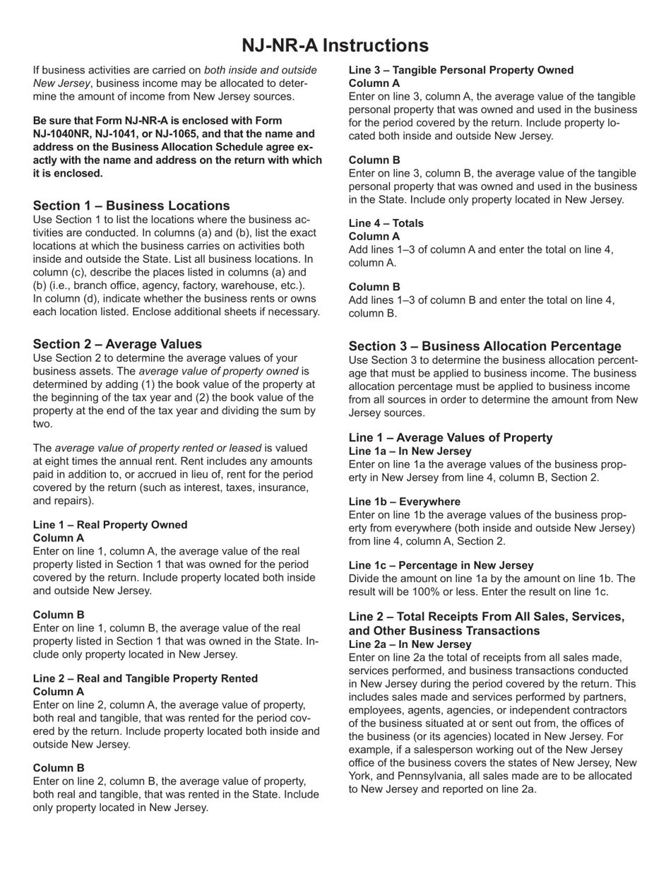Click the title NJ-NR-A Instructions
click(335, 45)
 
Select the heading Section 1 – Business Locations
click(131, 206)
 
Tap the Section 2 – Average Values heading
click(117, 344)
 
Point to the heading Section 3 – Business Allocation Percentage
click(485, 346)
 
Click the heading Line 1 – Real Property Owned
click(110, 525)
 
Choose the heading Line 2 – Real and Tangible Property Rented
click(146, 679)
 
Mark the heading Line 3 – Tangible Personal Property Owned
click(461, 71)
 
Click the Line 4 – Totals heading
click(386, 223)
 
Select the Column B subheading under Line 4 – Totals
click(374, 287)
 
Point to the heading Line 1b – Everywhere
click(405, 502)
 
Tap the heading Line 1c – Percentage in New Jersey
click(441, 565)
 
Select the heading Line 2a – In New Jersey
click(410, 644)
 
